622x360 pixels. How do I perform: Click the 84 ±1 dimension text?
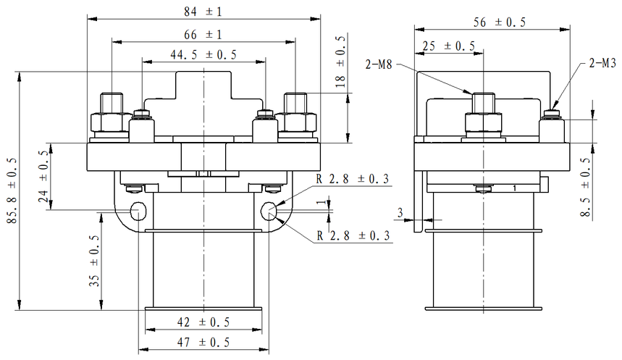(203, 12)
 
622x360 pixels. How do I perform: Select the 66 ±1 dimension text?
(203, 35)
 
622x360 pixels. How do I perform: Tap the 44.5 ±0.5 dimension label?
(203, 55)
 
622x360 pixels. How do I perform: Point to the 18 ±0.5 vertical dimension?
(341, 65)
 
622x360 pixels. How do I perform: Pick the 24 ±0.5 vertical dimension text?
(43, 177)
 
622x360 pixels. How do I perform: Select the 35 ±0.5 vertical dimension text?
(94, 261)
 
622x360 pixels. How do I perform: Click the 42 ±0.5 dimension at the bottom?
(204, 322)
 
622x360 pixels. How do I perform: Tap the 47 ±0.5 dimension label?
(204, 342)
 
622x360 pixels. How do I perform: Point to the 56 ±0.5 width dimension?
(500, 22)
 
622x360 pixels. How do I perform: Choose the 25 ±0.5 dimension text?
(448, 46)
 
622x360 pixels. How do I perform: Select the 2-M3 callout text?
(602, 64)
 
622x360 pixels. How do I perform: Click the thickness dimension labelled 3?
(399, 212)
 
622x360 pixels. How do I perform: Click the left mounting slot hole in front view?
(138, 211)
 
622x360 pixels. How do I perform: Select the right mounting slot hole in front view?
(269, 211)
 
